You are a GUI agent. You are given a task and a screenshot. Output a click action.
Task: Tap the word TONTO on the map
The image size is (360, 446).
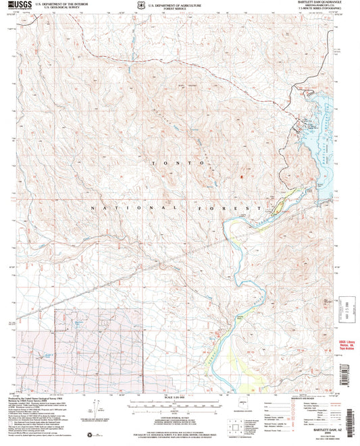[x=177, y=164]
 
